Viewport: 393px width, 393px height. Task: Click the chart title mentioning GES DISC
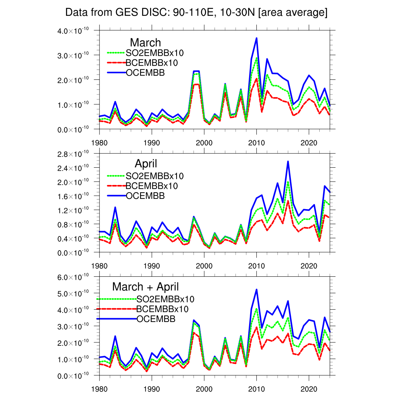pos(196,12)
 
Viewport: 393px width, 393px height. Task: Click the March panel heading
pos(145,42)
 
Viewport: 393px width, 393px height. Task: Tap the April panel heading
pos(146,164)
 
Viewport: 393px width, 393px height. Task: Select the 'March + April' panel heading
pos(145,287)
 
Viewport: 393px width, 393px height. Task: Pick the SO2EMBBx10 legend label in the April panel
pos(155,176)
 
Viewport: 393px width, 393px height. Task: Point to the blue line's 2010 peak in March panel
pos(256,38)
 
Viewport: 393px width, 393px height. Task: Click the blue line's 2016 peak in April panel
pos(288,161)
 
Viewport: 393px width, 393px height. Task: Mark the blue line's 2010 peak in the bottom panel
pos(256,289)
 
